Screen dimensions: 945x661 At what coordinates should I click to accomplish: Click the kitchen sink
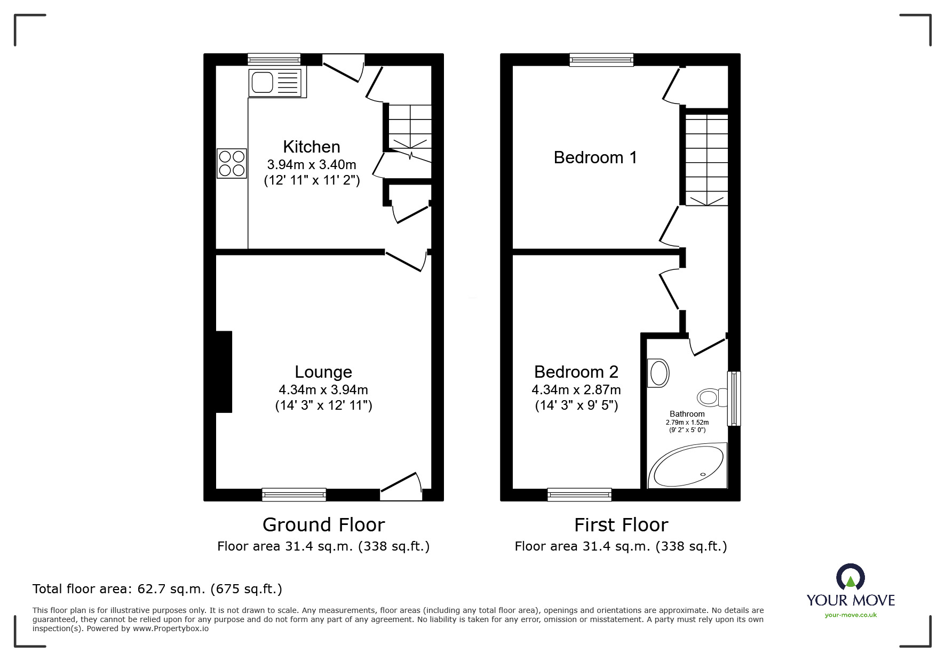tap(277, 83)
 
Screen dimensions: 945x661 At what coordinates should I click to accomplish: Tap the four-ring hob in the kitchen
tap(232, 163)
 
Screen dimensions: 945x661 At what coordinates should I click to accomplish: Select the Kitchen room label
tap(312, 147)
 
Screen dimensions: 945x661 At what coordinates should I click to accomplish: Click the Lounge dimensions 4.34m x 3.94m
tap(323, 390)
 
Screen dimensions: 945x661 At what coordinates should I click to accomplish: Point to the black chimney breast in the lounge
tap(224, 372)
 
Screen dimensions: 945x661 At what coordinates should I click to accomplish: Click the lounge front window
tap(294, 495)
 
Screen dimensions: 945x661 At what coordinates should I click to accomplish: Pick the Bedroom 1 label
tap(595, 157)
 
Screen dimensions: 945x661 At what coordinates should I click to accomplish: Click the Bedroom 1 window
tap(601, 60)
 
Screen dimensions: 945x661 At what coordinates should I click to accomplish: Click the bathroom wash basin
tap(658, 372)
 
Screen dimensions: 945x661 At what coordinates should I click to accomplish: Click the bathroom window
tap(734, 399)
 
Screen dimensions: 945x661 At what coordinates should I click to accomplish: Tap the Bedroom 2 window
tap(579, 495)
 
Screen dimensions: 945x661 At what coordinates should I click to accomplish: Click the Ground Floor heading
tap(323, 525)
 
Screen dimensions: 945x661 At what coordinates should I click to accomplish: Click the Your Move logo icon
tap(851, 577)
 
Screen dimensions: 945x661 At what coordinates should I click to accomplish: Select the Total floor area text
tap(157, 589)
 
